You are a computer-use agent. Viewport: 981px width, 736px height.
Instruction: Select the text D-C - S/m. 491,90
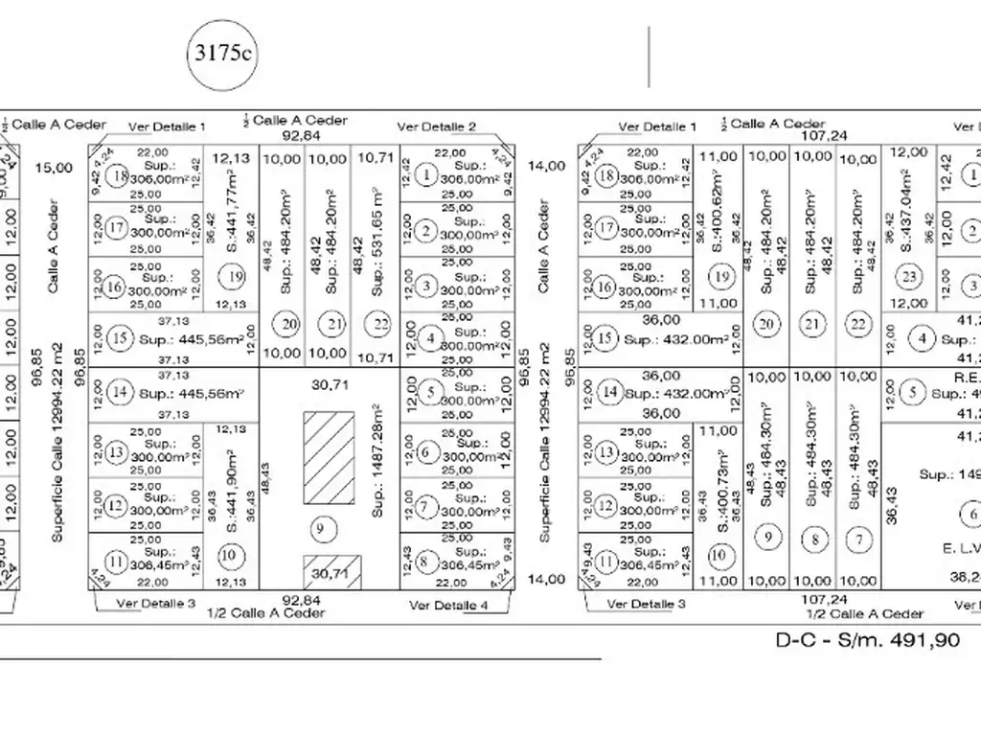[x=867, y=640]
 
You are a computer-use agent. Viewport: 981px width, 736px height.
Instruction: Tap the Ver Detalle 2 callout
[x=436, y=126]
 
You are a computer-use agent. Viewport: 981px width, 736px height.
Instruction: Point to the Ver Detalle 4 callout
[x=448, y=605]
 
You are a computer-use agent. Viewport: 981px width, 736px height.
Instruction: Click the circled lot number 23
[x=909, y=277]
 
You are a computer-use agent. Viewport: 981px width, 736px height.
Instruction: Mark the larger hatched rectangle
[x=326, y=459]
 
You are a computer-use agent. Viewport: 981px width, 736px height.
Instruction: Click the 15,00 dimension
[x=54, y=168]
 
